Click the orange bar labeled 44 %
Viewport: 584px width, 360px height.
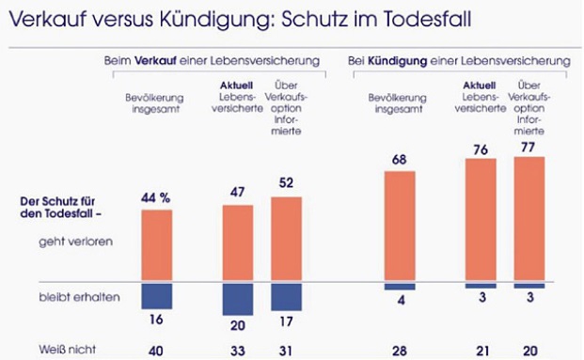click(x=156, y=245)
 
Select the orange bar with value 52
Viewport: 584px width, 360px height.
click(x=286, y=239)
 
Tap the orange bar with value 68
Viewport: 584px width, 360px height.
click(x=398, y=227)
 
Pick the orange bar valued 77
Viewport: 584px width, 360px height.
click(x=529, y=219)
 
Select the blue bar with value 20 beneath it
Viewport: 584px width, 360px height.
click(x=239, y=299)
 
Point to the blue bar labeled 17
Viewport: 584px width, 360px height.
click(x=286, y=296)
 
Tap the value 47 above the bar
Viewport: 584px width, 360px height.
click(x=239, y=192)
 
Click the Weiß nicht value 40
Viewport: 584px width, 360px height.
click(x=156, y=350)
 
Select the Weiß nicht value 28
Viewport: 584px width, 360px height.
click(x=398, y=350)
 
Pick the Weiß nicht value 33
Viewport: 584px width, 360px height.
click(x=239, y=350)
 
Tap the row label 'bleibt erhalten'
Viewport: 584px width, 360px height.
click(x=72, y=296)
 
